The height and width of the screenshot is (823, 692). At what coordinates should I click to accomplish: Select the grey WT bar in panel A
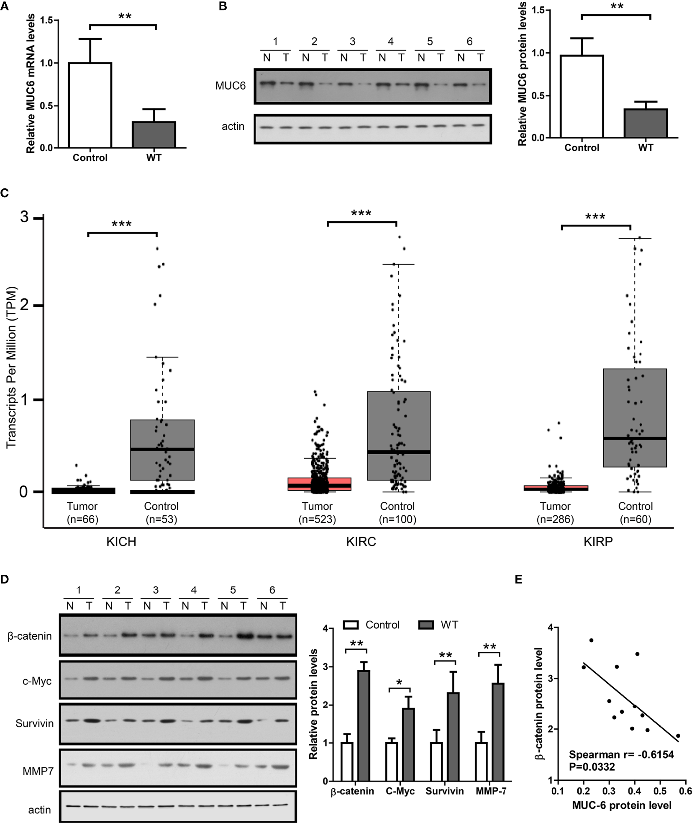(154, 134)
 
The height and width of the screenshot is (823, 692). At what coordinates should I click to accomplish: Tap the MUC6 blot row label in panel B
(230, 86)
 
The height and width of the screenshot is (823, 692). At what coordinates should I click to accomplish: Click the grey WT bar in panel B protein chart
(645, 123)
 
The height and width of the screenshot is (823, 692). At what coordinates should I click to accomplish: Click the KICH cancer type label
(121, 542)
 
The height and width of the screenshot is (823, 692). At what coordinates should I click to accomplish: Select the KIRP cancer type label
(598, 542)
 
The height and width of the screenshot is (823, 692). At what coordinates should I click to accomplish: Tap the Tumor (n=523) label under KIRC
(317, 513)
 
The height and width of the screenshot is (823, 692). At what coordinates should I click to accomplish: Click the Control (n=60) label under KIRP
(635, 513)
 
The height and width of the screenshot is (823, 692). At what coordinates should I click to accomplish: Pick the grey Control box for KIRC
(399, 435)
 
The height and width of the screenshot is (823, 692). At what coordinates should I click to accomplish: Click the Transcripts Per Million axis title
(11, 368)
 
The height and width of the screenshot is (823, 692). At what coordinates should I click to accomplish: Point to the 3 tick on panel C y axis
(24, 217)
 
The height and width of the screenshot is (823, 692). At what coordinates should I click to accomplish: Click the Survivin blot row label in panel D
(34, 723)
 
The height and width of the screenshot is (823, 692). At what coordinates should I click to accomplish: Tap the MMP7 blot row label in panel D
(38, 771)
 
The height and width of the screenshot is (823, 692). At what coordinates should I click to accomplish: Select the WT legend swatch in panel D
(426, 625)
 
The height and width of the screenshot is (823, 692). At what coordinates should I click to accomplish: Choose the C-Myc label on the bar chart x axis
(400, 791)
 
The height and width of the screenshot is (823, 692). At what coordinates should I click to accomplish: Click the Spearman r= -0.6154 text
(621, 755)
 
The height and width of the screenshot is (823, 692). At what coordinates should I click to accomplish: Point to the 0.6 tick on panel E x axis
(685, 791)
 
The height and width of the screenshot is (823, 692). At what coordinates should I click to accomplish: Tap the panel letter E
(518, 579)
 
